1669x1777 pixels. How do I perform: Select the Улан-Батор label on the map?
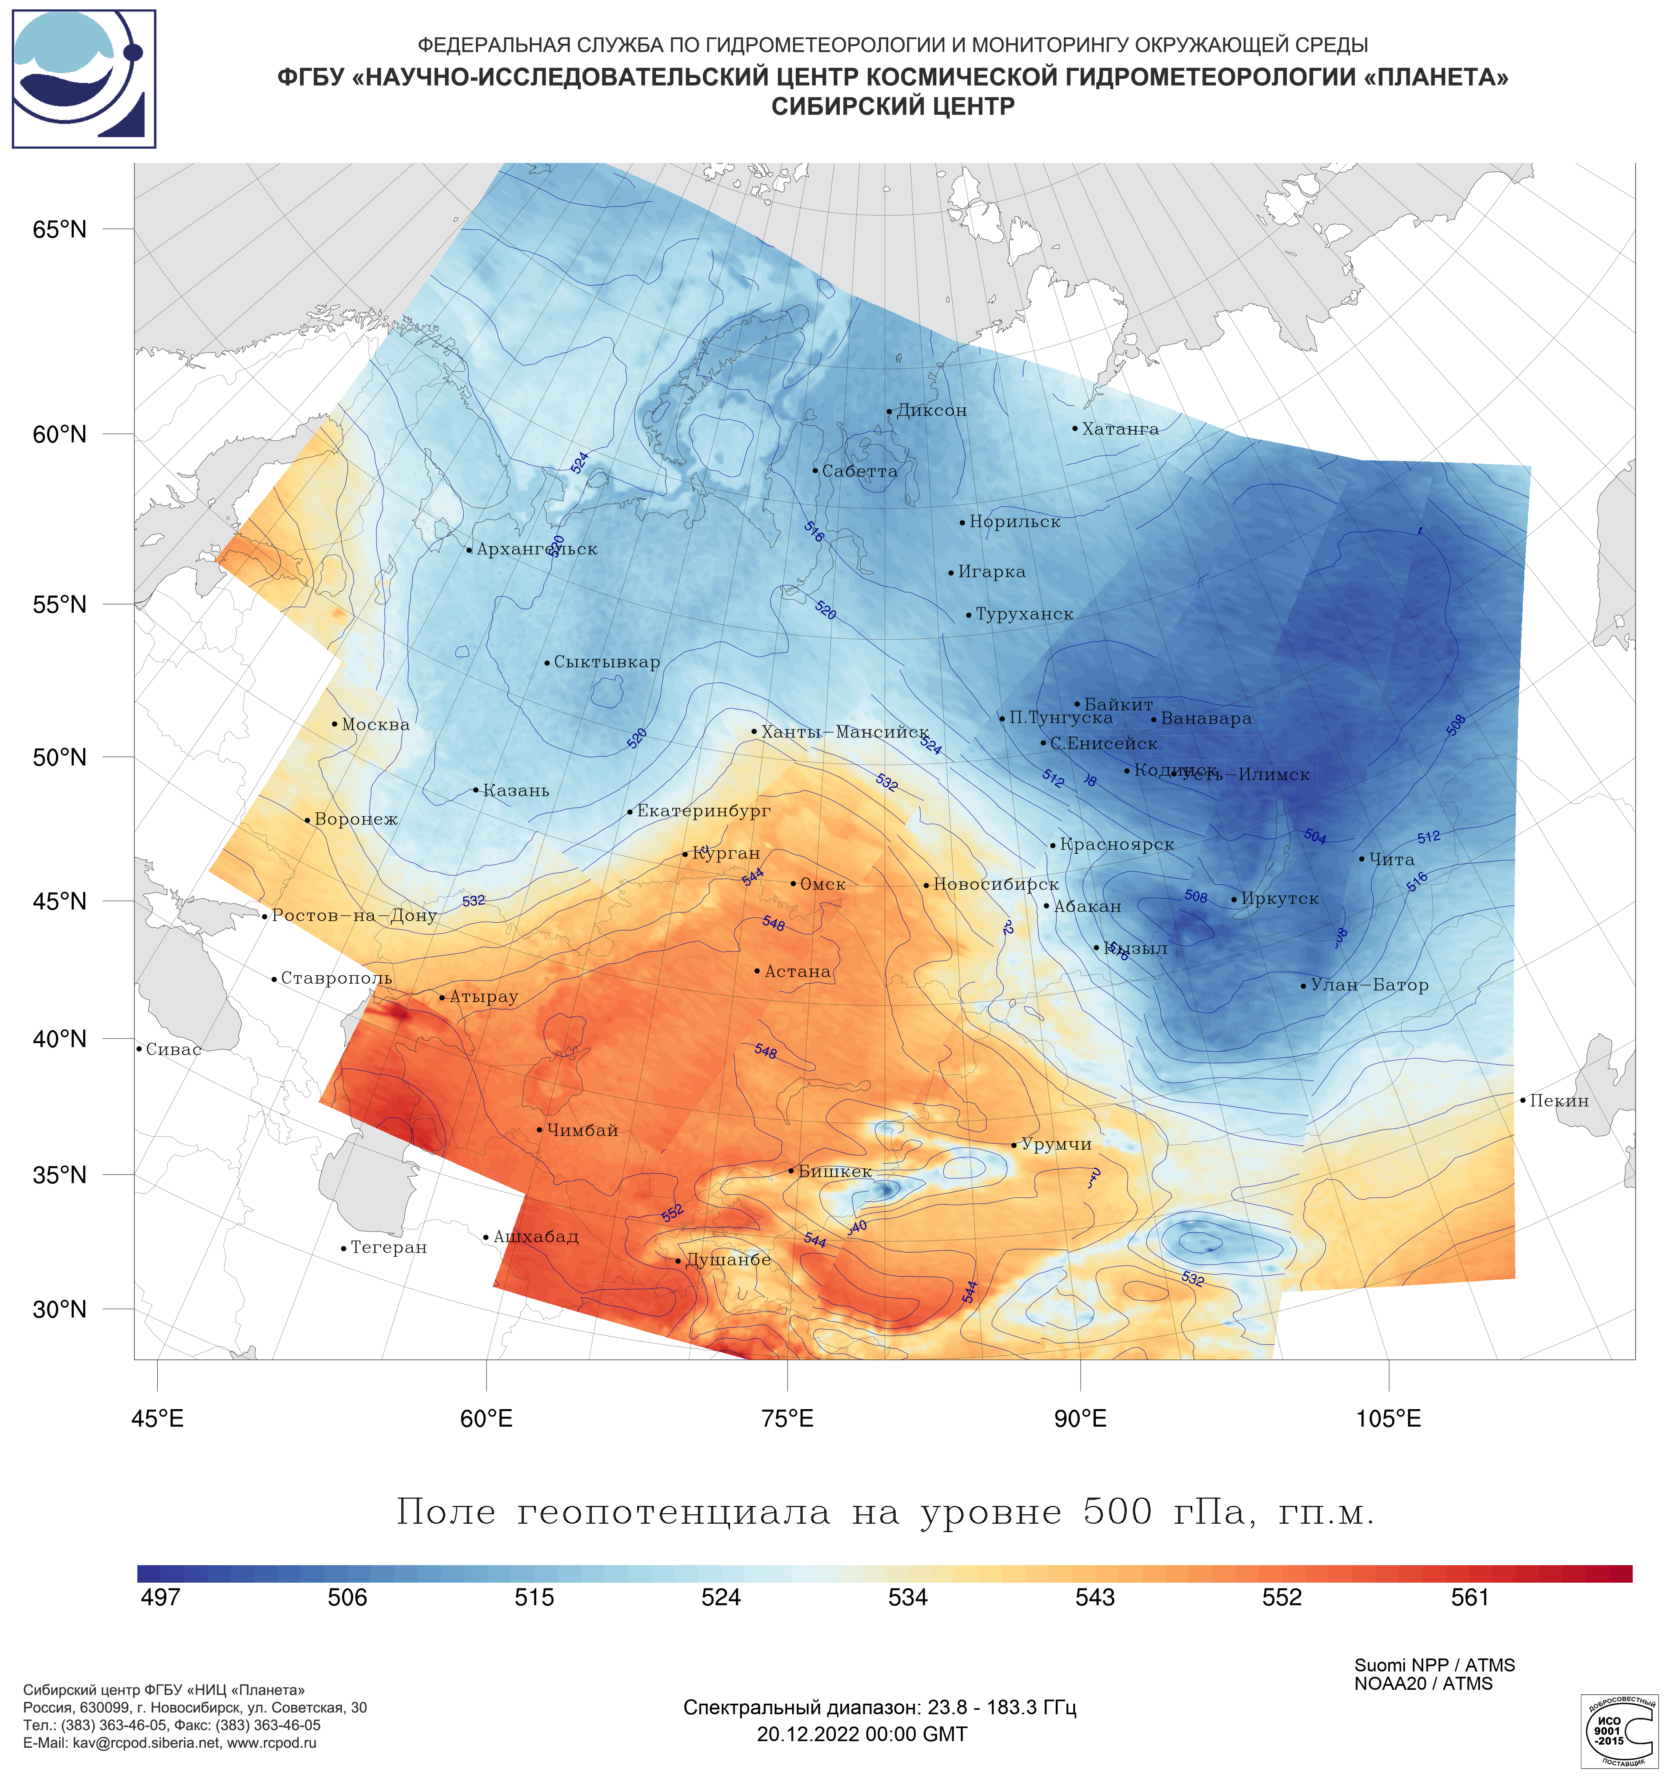[1369, 985]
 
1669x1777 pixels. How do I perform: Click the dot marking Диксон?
[889, 412]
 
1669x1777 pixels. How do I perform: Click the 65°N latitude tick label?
[60, 230]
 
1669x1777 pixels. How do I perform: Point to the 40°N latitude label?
[60, 1039]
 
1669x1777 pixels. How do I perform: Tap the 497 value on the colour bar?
[161, 1597]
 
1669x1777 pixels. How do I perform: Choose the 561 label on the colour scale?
[1470, 1597]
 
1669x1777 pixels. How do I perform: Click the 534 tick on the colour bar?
[908, 1597]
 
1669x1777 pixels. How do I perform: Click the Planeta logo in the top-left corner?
[84, 79]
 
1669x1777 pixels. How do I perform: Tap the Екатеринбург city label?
[702, 811]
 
